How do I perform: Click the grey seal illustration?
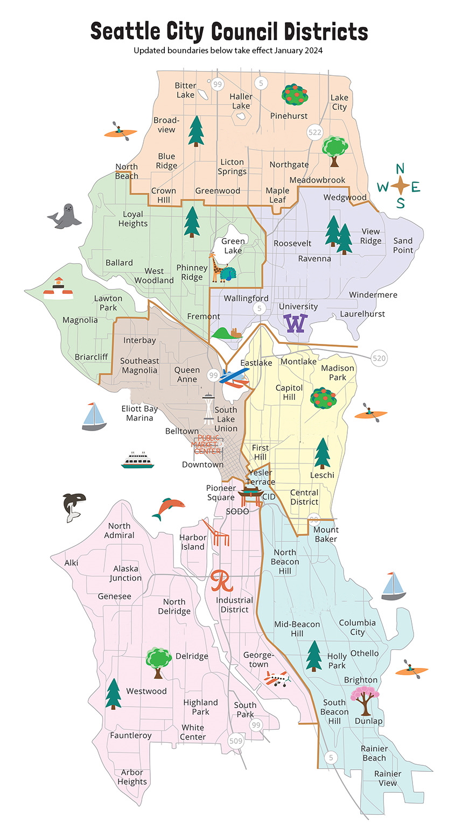coord(65,216)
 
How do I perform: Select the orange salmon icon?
coord(169,508)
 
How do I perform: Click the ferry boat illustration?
coord(137,460)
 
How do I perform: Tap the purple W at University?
coord(296,323)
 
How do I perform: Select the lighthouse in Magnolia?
coord(58,288)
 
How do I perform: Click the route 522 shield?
coord(314,132)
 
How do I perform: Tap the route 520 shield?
coord(379,358)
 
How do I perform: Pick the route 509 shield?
coord(236,741)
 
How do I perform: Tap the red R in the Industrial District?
coord(221,581)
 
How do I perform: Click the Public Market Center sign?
coord(208,445)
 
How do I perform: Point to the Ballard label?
coord(119,263)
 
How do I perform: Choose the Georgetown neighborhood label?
coord(258,659)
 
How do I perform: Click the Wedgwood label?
coord(345,197)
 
